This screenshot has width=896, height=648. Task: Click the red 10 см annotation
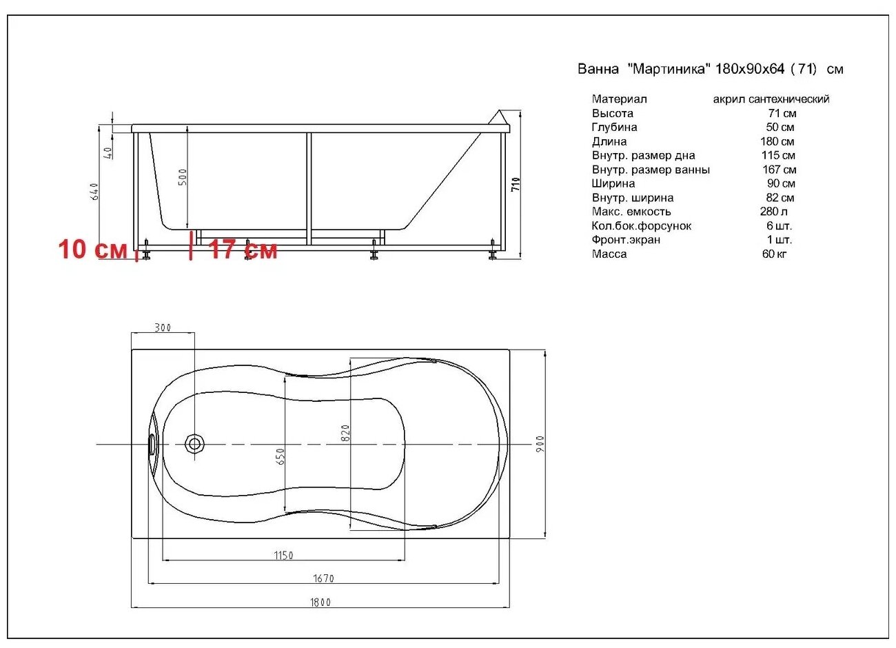point(92,249)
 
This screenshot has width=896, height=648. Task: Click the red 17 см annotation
point(243,250)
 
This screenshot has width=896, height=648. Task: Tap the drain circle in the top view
point(194,443)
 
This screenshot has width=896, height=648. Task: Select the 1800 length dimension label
point(320,602)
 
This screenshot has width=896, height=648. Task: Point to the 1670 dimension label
point(323,578)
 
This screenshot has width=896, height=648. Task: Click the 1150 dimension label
point(283,555)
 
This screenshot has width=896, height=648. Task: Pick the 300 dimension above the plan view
point(163,327)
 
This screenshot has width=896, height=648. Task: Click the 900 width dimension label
point(540,443)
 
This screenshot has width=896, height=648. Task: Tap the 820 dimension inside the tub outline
point(346,433)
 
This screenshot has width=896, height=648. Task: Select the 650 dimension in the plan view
point(281,456)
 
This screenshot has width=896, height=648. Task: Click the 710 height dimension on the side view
point(516,184)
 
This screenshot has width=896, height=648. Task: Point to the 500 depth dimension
point(183,177)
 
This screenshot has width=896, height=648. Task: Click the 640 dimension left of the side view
point(95,191)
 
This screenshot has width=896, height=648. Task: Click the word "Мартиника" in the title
point(668,69)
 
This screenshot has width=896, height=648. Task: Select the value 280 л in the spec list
point(774,212)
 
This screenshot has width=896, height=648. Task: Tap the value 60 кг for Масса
point(774,254)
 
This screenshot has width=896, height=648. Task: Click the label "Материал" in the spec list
point(619,99)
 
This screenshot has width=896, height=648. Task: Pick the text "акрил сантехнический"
point(771,99)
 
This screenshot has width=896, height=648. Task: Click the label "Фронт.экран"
point(626,240)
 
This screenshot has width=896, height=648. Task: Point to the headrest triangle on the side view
point(498,119)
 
